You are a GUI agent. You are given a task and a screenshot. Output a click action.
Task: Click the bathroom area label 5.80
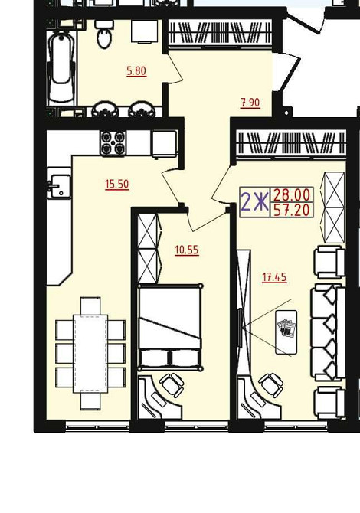(x=136, y=70)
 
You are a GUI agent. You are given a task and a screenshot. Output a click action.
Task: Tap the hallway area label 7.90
(x=250, y=103)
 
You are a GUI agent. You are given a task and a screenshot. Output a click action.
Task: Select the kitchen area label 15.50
(x=117, y=185)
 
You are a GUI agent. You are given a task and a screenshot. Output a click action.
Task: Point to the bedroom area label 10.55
(x=187, y=250)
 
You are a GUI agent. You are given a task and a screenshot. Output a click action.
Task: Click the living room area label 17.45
(x=274, y=277)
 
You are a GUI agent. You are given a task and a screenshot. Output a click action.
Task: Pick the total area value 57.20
(x=292, y=211)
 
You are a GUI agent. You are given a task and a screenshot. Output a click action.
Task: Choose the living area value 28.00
(x=292, y=195)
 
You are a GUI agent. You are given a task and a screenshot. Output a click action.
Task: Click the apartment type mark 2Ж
(x=254, y=202)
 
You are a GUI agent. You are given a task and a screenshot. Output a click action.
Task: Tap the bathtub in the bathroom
(x=61, y=67)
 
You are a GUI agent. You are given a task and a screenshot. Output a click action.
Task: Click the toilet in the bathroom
(x=104, y=34)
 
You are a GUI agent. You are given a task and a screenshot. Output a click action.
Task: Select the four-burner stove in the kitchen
(x=113, y=143)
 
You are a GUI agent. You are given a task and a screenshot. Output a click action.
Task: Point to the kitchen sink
(x=59, y=184)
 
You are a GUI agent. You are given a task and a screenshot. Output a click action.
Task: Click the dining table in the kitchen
(x=90, y=353)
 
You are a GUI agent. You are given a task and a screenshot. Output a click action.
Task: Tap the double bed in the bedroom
(x=170, y=327)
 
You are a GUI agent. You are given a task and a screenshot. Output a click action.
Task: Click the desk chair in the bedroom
(x=172, y=384)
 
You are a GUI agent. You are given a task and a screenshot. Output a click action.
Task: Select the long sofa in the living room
(x=328, y=332)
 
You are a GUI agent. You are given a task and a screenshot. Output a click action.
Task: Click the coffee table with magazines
(x=286, y=332)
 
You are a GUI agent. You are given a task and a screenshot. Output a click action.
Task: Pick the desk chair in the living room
(x=271, y=385)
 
